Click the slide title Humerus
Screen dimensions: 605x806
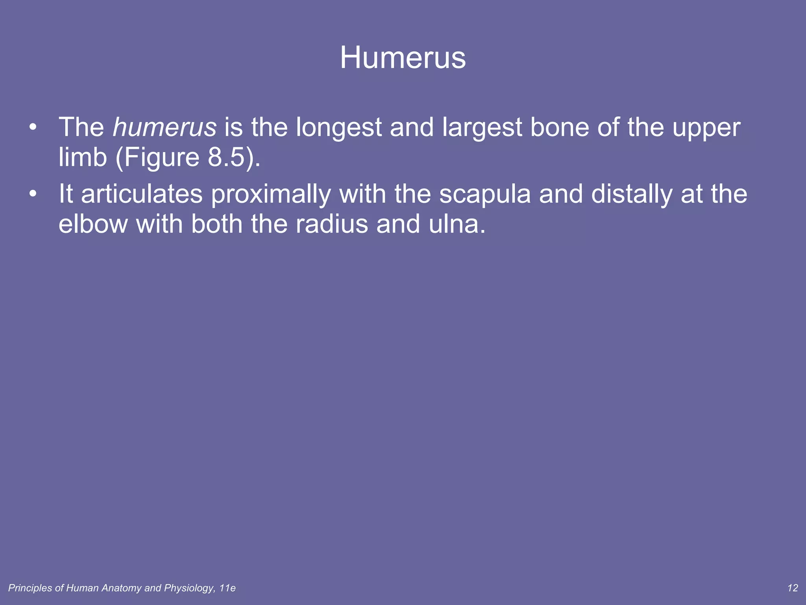click(403, 58)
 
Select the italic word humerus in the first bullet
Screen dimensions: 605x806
click(165, 127)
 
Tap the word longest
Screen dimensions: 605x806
click(338, 127)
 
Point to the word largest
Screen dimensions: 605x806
click(482, 127)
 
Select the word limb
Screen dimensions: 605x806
click(83, 157)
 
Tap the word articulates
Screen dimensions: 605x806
click(142, 194)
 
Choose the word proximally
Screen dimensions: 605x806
click(271, 194)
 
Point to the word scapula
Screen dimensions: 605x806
click(485, 194)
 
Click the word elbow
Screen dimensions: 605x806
click(93, 224)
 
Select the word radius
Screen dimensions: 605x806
click(332, 224)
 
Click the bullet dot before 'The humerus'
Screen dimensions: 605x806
click(33, 127)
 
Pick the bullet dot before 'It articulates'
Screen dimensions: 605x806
click(33, 194)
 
